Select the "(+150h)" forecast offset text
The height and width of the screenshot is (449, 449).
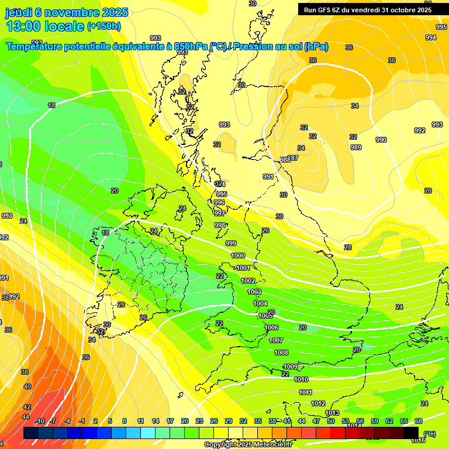[104, 26]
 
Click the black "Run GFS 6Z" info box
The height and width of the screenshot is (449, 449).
[367, 9]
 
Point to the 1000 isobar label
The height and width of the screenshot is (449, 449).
[238, 255]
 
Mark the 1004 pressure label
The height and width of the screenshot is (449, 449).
[260, 303]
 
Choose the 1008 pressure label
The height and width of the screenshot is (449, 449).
[281, 353]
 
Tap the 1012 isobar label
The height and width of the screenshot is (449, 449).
[318, 403]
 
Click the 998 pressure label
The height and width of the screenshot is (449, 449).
[220, 225]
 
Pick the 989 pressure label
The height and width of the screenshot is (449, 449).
[356, 147]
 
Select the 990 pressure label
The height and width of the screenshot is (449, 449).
[381, 140]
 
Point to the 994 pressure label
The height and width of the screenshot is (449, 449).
[431, 37]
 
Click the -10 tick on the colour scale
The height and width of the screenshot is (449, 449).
[40, 421]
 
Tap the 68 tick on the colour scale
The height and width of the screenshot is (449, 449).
[419, 421]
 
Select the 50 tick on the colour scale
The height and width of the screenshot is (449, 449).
[331, 421]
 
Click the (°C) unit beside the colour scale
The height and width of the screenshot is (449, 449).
[429, 434]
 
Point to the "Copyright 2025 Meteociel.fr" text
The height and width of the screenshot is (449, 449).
[248, 445]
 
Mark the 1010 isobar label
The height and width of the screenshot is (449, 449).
[301, 379]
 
